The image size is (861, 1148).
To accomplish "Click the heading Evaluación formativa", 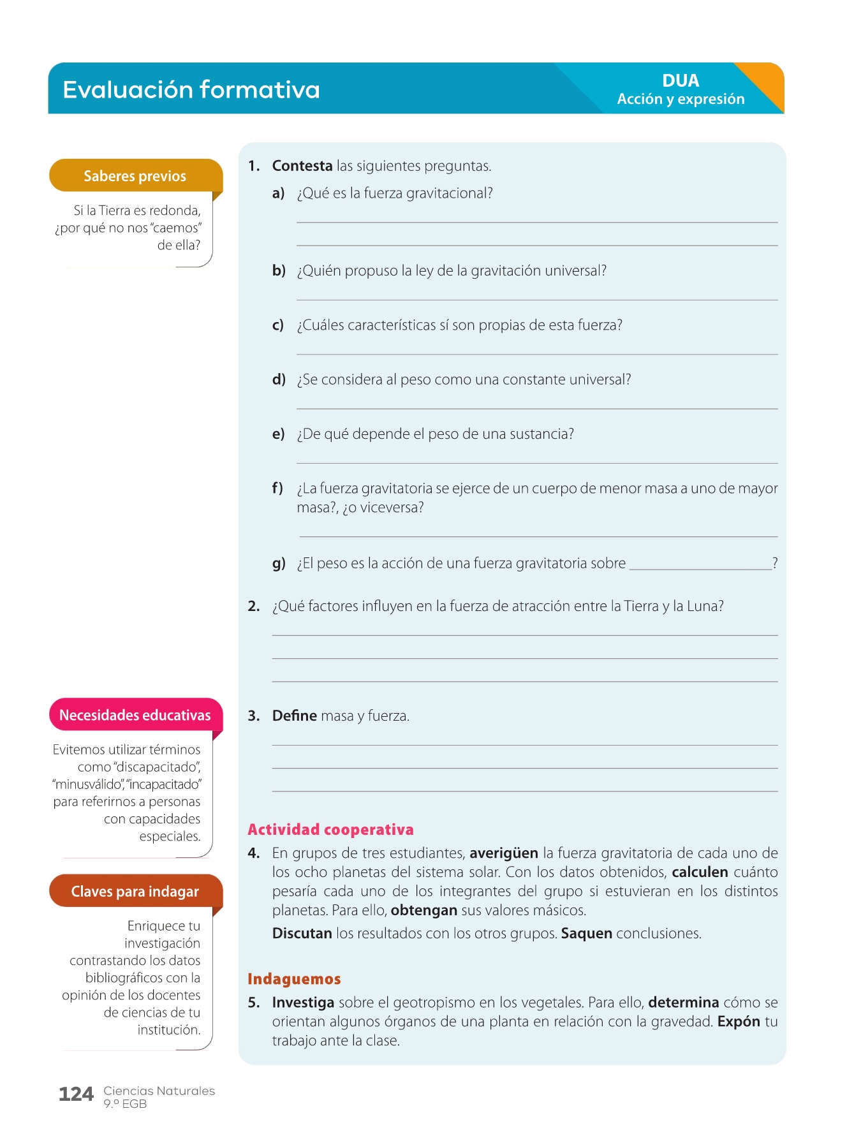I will click(191, 90).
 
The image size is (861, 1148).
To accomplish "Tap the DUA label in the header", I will click(681, 81).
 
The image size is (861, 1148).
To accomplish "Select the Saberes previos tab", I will click(135, 176).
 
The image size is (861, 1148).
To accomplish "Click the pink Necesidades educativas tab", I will click(135, 715).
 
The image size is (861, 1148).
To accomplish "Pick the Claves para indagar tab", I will click(135, 892).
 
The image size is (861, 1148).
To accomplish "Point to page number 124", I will click(76, 1094).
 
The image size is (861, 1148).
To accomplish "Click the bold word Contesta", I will click(302, 166).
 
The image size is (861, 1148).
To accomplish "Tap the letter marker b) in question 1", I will click(279, 270).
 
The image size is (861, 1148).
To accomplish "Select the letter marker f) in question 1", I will click(277, 489).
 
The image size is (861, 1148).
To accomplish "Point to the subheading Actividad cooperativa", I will click(330, 830).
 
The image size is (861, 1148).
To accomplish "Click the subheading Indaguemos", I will click(294, 979).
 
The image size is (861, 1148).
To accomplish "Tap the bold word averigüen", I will click(504, 853).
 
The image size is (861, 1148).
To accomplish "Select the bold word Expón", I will click(739, 1022).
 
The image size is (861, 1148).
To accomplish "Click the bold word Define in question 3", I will click(294, 716).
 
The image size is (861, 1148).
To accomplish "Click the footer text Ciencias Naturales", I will click(159, 1091).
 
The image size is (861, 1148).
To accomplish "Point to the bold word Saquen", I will click(586, 934).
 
